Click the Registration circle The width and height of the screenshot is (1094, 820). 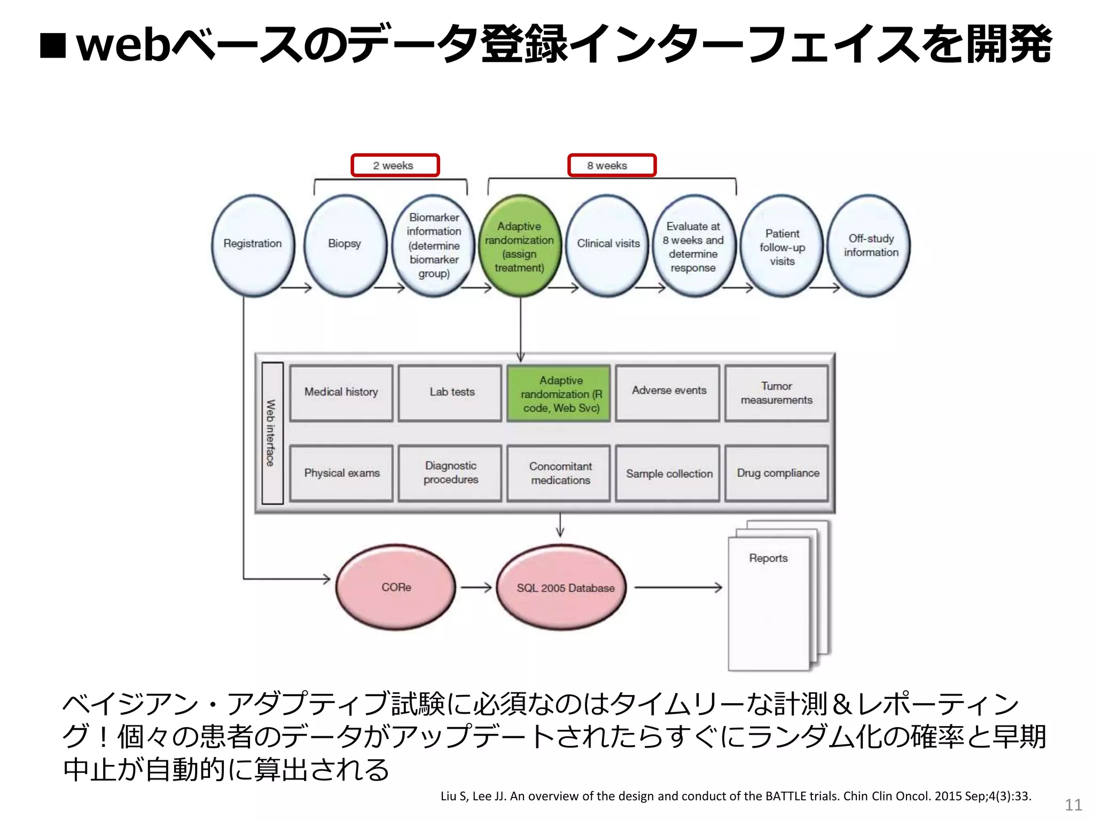253,245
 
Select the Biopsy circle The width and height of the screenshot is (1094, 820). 345,245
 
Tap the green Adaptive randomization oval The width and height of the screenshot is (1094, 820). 520,246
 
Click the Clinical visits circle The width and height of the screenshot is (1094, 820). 608,245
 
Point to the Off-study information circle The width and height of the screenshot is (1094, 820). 870,246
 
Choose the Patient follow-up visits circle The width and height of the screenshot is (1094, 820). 782,247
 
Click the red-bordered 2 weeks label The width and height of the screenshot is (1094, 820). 394,165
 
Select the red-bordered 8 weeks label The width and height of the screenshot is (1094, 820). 611,165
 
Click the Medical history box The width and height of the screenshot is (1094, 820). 341,393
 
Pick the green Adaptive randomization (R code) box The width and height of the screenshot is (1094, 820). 559,394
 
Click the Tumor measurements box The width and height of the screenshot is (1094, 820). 776,393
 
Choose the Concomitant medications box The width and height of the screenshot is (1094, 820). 559,473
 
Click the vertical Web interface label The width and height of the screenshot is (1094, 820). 272,433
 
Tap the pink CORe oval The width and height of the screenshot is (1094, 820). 396,587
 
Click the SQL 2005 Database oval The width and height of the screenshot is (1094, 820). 562,588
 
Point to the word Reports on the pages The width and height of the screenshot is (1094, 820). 768,558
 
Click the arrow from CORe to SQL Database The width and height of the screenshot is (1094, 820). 476,588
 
